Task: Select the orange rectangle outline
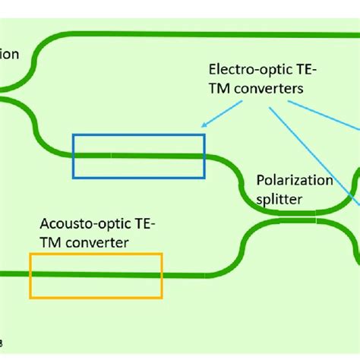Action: click(96, 254)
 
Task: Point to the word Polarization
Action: click(294, 180)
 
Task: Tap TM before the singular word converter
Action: click(52, 242)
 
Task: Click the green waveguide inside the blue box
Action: click(138, 155)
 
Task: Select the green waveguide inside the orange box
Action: click(96, 274)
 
